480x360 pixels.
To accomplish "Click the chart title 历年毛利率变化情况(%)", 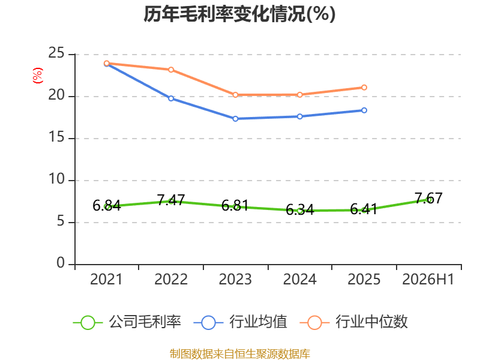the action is coord(239,14).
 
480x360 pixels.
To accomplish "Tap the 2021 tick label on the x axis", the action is coord(106,279).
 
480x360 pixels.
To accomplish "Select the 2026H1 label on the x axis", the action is coord(428,279).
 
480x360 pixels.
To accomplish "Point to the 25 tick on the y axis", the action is coord(56,53).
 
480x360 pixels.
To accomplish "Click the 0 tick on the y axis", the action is coord(61,263).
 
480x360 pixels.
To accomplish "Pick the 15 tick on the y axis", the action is coord(56,137).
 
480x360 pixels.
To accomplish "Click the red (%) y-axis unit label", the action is coord(38,76).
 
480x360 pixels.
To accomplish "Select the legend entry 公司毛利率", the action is coord(127,322).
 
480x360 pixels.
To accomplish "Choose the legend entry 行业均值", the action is coord(241,322).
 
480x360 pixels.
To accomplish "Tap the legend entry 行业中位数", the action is coord(353,322).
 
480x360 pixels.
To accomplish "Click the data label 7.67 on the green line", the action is coord(428,199).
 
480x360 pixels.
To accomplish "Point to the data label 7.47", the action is coord(171,200).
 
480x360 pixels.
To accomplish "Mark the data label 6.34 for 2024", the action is coord(299,210).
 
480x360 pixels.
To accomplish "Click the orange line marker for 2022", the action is coord(171,70).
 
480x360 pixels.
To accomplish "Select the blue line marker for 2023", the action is coord(235,119).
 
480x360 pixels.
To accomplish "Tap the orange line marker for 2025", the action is coord(364,88).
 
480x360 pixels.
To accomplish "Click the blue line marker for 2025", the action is coord(364,110).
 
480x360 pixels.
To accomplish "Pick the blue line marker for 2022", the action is coord(171,98).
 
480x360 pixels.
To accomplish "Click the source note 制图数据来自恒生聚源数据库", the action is coord(239,354).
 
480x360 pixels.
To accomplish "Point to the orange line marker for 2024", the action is coord(299,95).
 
